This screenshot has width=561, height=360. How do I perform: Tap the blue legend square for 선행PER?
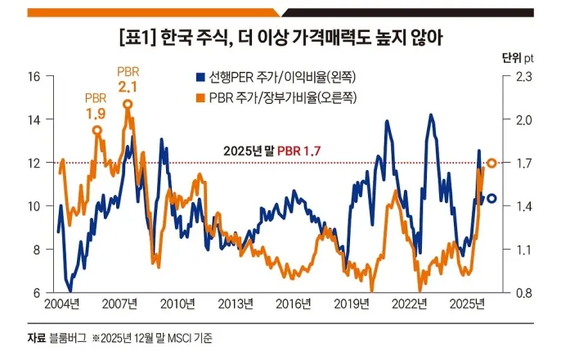click(x=199, y=79)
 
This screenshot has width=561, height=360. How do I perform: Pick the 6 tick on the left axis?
click(x=37, y=293)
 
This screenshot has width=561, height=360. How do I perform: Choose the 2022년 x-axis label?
click(x=410, y=305)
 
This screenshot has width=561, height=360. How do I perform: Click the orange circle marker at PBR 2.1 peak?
click(x=128, y=104)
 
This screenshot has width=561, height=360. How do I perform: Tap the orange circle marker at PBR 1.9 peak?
click(x=97, y=130)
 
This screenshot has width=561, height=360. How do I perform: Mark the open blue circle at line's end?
click(x=491, y=198)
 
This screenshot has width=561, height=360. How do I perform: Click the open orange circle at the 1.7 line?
click(x=491, y=164)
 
